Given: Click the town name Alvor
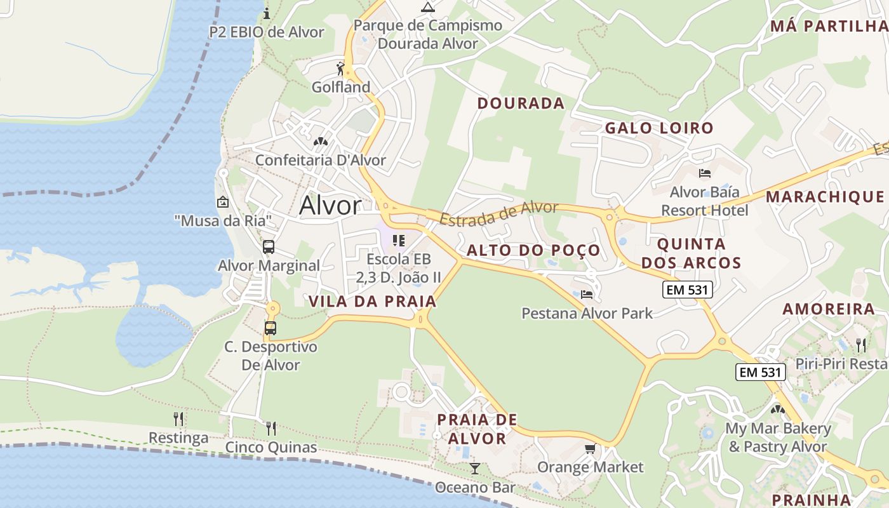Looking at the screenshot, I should coord(330,205).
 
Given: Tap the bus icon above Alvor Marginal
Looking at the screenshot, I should coord(269,247).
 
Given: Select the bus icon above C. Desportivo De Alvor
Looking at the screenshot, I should coord(271,328).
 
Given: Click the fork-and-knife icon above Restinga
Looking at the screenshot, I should coord(179,419).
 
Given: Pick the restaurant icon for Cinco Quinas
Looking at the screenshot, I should coord(271,428).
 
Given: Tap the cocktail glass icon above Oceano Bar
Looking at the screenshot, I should coord(474,469).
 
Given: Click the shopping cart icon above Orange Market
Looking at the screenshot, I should coord(590,449).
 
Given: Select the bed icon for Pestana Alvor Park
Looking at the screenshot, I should coord(587,295).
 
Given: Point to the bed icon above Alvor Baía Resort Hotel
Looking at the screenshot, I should coord(704,173).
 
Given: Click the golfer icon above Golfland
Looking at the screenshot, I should coord(341,68).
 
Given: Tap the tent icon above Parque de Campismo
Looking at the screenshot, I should coord(428,7).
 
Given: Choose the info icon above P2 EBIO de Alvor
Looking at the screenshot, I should coord(267,13).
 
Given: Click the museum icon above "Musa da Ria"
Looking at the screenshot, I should coord(223,203).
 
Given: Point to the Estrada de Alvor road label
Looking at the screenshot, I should coord(499,213).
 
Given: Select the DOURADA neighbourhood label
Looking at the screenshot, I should coord(521,104).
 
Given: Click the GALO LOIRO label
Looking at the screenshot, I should coord(659,128).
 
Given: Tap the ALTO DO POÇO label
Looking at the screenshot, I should coord(533,250).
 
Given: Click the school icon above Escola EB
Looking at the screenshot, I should coord(399,240).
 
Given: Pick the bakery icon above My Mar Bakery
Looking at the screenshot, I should coord(778,410).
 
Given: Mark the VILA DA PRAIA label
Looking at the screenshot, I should coord(373,302).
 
